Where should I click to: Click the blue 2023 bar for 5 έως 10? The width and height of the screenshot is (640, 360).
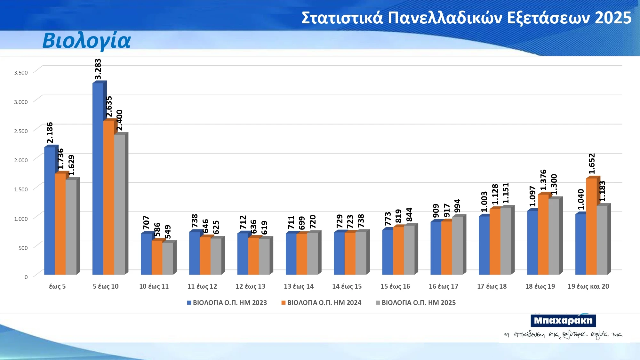(x=98, y=179)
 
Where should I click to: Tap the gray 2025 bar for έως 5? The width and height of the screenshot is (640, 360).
(x=71, y=227)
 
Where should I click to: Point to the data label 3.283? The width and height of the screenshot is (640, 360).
(x=98, y=69)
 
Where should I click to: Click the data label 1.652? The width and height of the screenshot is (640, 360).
(x=592, y=164)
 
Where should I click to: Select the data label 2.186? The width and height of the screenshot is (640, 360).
(x=50, y=132)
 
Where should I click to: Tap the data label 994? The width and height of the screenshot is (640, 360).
(x=457, y=206)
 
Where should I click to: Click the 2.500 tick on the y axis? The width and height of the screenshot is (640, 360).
(x=21, y=131)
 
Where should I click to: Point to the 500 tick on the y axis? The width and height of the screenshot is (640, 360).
(x=23, y=248)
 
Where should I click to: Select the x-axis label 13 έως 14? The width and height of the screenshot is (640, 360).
(x=299, y=286)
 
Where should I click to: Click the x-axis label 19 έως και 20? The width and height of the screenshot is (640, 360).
(x=588, y=286)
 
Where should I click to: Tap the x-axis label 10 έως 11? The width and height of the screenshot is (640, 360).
(x=154, y=286)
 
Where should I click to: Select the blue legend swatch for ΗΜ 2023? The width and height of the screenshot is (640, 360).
(x=189, y=303)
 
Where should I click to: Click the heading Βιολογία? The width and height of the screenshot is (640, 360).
(x=87, y=41)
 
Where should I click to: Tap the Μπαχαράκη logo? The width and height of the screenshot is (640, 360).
(x=563, y=321)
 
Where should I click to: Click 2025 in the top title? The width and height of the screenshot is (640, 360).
(x=613, y=18)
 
